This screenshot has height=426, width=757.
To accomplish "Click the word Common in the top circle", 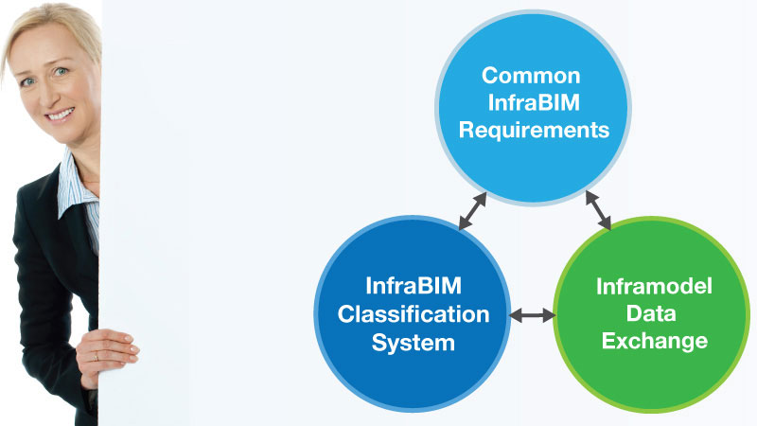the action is pos(531,76).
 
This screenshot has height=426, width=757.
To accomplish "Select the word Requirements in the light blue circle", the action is pos(534,131).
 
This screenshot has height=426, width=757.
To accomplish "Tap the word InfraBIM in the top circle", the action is pos(534,103).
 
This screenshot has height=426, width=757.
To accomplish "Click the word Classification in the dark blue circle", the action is pos(414,314).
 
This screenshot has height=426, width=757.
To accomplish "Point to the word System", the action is pos(414,344).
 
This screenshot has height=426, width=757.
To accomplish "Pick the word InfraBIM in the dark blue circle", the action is pos(414,286).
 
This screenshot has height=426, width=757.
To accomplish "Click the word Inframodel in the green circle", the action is pos(654,287).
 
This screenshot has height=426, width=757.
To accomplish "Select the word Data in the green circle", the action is pos(651,313).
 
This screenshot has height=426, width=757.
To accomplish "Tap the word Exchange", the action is pos(655,342).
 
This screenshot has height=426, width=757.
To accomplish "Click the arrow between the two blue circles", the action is pos(472,211).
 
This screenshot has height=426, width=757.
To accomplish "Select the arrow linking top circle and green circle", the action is pos(598,210).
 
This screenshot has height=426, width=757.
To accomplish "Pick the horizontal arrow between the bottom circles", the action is pos(532,315).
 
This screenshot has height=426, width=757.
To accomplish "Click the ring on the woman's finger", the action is pos(97,358).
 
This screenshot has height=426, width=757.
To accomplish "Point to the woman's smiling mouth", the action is pos(61,115).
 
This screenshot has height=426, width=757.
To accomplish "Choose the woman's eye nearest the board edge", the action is pos(61,72).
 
